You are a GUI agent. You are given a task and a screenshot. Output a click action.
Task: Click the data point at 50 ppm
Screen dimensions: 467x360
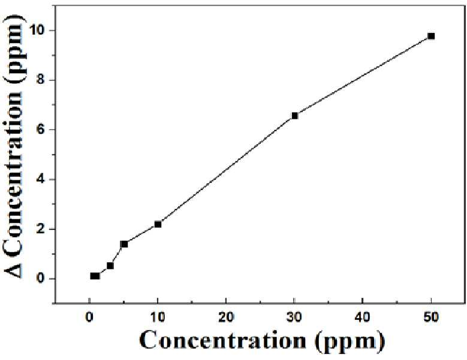click(x=431, y=36)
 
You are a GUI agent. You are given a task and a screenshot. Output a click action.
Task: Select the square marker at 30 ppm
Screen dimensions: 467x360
click(x=294, y=116)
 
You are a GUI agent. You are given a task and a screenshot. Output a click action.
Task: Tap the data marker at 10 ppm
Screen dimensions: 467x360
click(x=158, y=224)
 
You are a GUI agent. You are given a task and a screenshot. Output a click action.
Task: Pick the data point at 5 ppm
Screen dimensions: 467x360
click(x=124, y=244)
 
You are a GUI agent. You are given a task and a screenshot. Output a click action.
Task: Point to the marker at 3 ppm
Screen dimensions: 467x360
click(x=110, y=265)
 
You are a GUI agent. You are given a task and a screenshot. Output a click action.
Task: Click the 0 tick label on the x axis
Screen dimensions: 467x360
click(x=89, y=317)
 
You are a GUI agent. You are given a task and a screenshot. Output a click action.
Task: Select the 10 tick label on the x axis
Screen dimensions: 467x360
click(x=158, y=317)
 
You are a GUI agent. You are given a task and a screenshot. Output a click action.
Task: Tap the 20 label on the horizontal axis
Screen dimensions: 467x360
click(x=226, y=317)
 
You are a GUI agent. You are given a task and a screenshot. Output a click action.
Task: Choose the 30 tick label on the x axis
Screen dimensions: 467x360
click(x=294, y=317)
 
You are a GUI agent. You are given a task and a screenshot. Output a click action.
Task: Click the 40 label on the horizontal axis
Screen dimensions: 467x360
click(x=363, y=317)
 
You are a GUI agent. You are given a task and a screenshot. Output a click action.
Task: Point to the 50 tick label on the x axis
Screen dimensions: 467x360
click(x=431, y=317)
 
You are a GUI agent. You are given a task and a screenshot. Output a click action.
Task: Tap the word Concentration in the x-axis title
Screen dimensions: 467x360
click(x=223, y=340)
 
